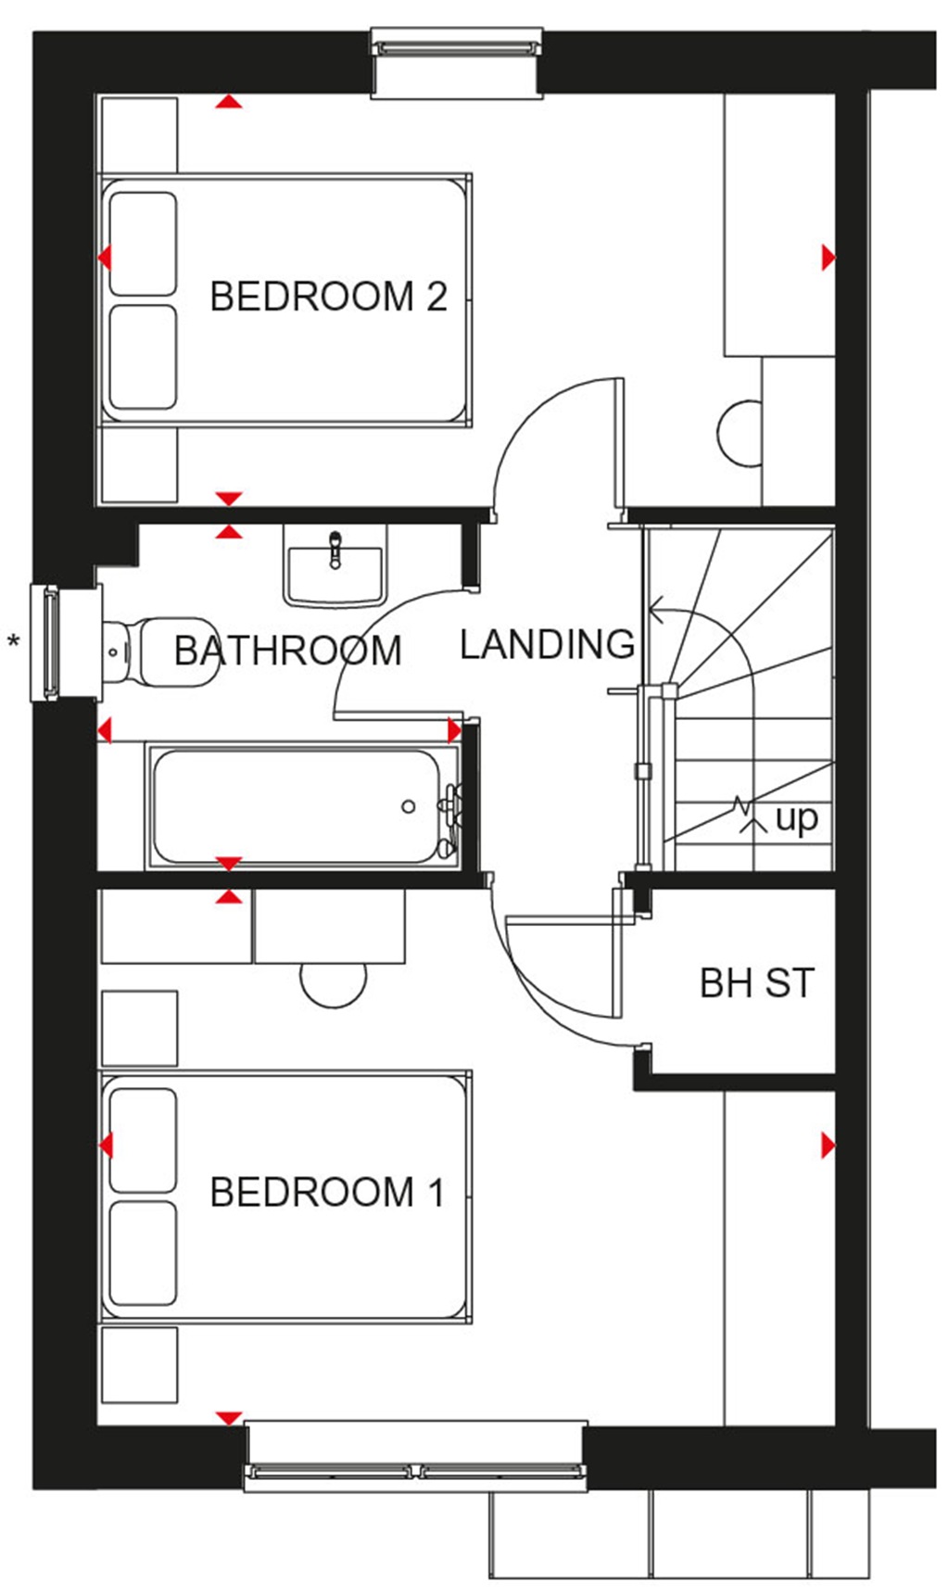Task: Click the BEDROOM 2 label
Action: pos(328,297)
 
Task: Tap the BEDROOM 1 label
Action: pos(327,1192)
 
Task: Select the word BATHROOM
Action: pos(287,651)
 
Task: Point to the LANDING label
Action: pos(547,644)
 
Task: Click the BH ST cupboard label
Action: pos(756,983)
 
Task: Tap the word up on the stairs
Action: pos(796,818)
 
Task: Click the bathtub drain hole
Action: pos(408,807)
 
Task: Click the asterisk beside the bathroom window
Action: pos(14,640)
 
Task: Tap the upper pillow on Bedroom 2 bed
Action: pos(143,244)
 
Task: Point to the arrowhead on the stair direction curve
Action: pos(655,611)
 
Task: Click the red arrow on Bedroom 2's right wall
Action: pos(828,257)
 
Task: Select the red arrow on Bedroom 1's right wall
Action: pos(828,1146)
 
